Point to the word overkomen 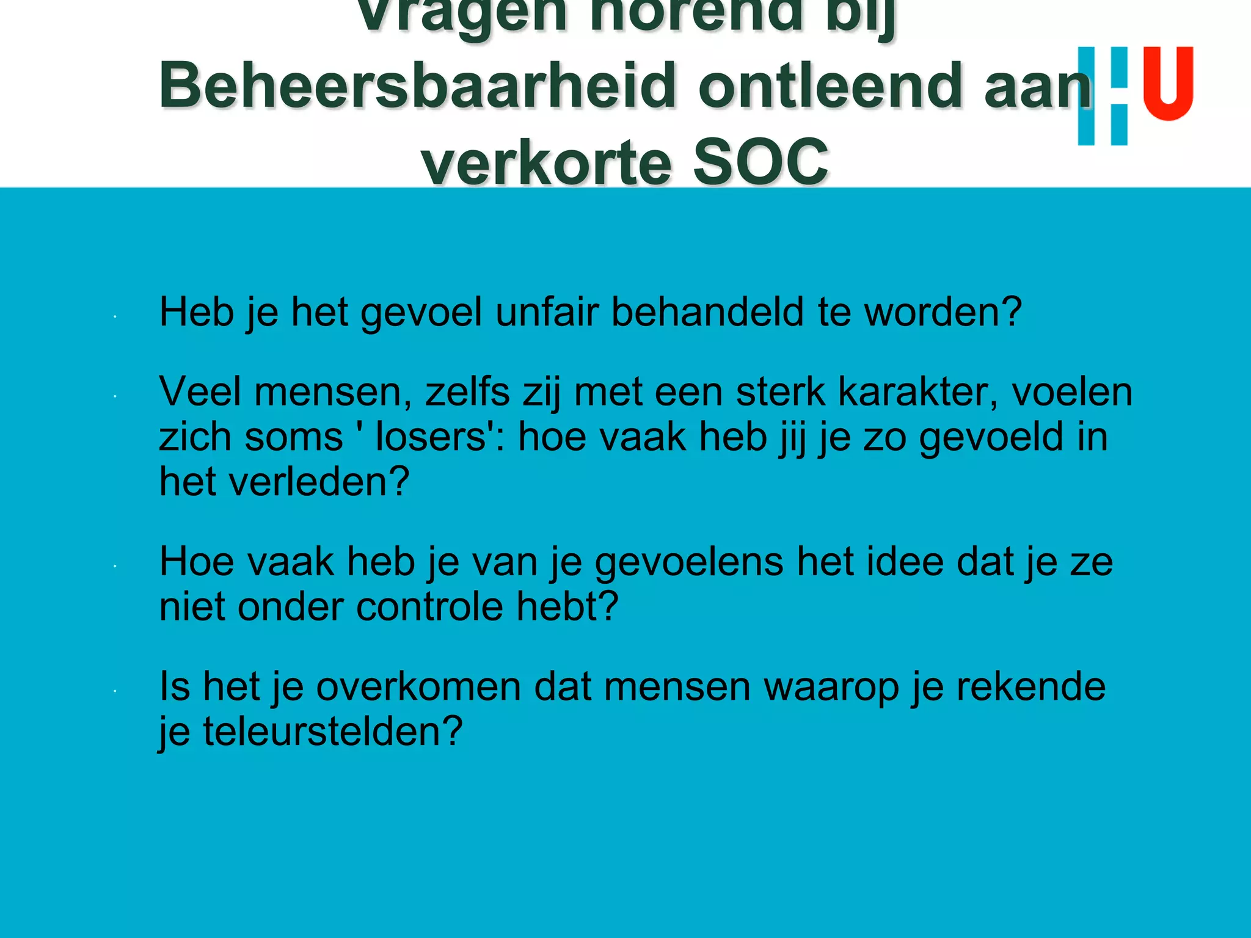(418, 686)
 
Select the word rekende (1030, 686)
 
